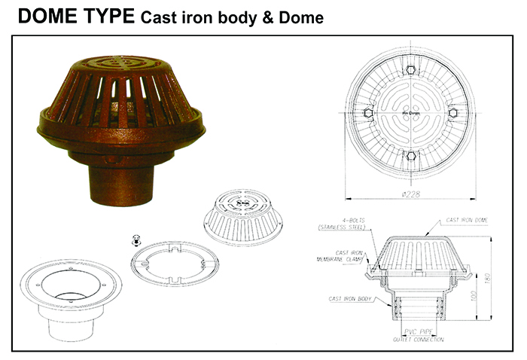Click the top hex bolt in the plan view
click(411, 70)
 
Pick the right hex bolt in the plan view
click(453, 113)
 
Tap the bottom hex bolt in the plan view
click(411, 156)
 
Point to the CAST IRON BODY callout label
click(349, 299)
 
